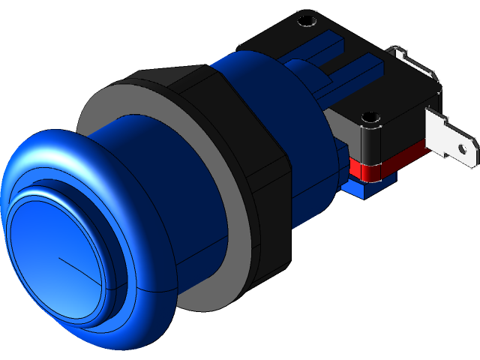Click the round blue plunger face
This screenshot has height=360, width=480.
(52, 255)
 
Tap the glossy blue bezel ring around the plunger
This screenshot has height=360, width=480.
(142, 300)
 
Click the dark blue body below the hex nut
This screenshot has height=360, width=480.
(315, 202)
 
